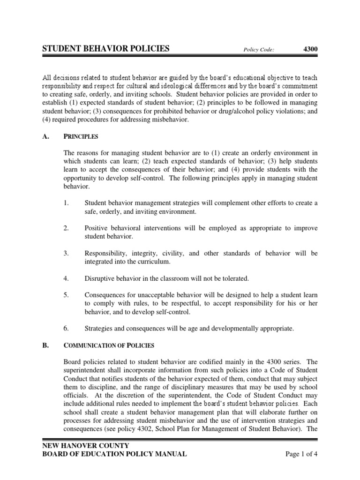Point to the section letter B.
pos(46,345)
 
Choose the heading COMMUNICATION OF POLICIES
pos(108,345)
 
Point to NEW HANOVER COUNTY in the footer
pos(86,445)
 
